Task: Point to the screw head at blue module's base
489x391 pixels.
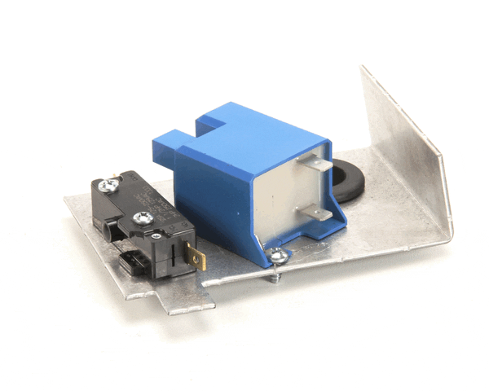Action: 280,257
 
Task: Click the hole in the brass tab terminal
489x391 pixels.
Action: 194,259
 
